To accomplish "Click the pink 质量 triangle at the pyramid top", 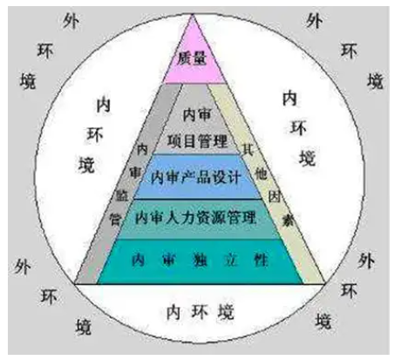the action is pyautogui.click(x=194, y=58).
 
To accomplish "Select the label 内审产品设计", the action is pyautogui.click(x=196, y=177).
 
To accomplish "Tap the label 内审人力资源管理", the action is pyautogui.click(x=195, y=218).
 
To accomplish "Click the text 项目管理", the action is pyautogui.click(x=197, y=141).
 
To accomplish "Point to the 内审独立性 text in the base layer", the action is pyautogui.click(x=200, y=260).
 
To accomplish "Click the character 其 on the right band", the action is pyautogui.click(x=248, y=150).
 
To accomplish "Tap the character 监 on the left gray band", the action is pyautogui.click(x=122, y=195).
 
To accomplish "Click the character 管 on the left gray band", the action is pyautogui.click(x=115, y=219).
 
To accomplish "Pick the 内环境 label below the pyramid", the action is pyautogui.click(x=200, y=312).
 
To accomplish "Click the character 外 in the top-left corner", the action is pyautogui.click(x=71, y=22).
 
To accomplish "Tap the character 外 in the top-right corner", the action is pyautogui.click(x=315, y=21).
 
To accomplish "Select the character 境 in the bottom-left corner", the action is pyautogui.click(x=84, y=327).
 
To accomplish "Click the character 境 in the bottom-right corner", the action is pyautogui.click(x=323, y=321).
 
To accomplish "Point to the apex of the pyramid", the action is pyautogui.click(x=193, y=15).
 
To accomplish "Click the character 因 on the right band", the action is pyautogui.click(x=274, y=196).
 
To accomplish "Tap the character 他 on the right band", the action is pyautogui.click(x=261, y=174).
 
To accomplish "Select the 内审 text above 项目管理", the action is pyautogui.click(x=197, y=115).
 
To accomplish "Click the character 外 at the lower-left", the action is pyautogui.click(x=23, y=267).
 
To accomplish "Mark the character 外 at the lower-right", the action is pyautogui.click(x=366, y=261).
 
